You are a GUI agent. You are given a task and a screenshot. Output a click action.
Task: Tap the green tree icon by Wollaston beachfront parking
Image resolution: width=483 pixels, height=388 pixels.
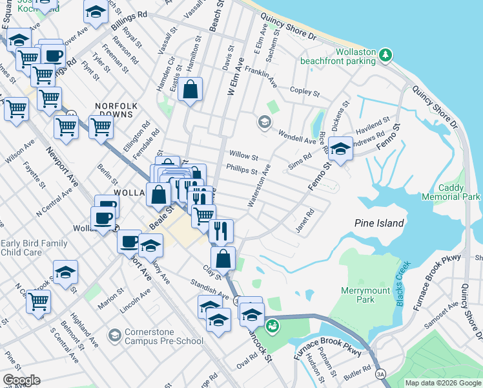pos(385,55)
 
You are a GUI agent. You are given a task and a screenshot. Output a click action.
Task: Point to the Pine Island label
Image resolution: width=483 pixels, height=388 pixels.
pos(379,223)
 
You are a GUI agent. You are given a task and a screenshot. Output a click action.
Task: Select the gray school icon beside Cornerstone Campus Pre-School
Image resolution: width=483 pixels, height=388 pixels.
pos(114,334)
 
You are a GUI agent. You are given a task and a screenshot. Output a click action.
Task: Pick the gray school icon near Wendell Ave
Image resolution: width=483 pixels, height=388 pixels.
pos(263,122)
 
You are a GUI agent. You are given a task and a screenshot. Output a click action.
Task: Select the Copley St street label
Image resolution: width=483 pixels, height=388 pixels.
pos(305,92)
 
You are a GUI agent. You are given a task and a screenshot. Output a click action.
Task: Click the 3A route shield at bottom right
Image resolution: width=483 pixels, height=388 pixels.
pos(380,373)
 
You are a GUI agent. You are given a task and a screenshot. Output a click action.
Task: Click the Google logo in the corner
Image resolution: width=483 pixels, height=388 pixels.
pos(22,380)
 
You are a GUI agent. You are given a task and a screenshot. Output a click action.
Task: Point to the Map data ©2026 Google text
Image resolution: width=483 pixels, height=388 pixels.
pos(442,383)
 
